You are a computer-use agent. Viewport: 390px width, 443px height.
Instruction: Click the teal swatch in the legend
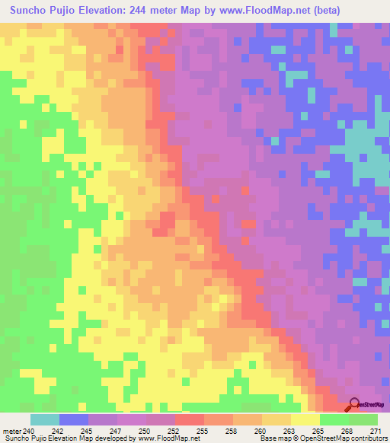[45, 419]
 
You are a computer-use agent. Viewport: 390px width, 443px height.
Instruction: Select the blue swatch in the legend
[74, 419]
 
